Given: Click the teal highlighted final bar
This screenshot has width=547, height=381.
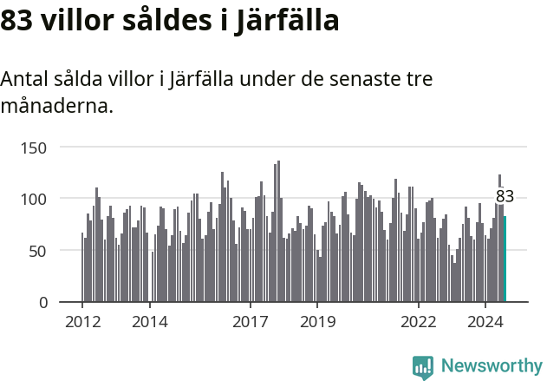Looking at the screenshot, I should click(x=505, y=259).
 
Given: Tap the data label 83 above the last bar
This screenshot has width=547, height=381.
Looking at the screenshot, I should click(x=505, y=197).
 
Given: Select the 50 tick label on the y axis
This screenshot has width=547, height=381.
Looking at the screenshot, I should click(x=37, y=251).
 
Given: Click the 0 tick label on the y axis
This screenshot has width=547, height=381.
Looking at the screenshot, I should click(x=42, y=303).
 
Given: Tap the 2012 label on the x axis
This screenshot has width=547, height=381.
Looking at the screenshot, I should click(x=82, y=322).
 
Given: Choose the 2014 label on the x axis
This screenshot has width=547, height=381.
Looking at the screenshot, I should click(x=149, y=322).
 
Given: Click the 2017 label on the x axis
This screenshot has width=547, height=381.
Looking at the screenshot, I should click(x=251, y=322).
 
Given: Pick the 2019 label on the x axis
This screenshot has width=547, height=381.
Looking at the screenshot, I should click(x=317, y=322).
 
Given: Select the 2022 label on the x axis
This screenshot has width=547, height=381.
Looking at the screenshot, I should click(x=419, y=322).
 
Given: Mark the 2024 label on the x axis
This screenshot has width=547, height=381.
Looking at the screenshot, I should click(x=485, y=322).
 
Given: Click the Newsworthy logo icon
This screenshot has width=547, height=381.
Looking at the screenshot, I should click(x=423, y=367).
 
